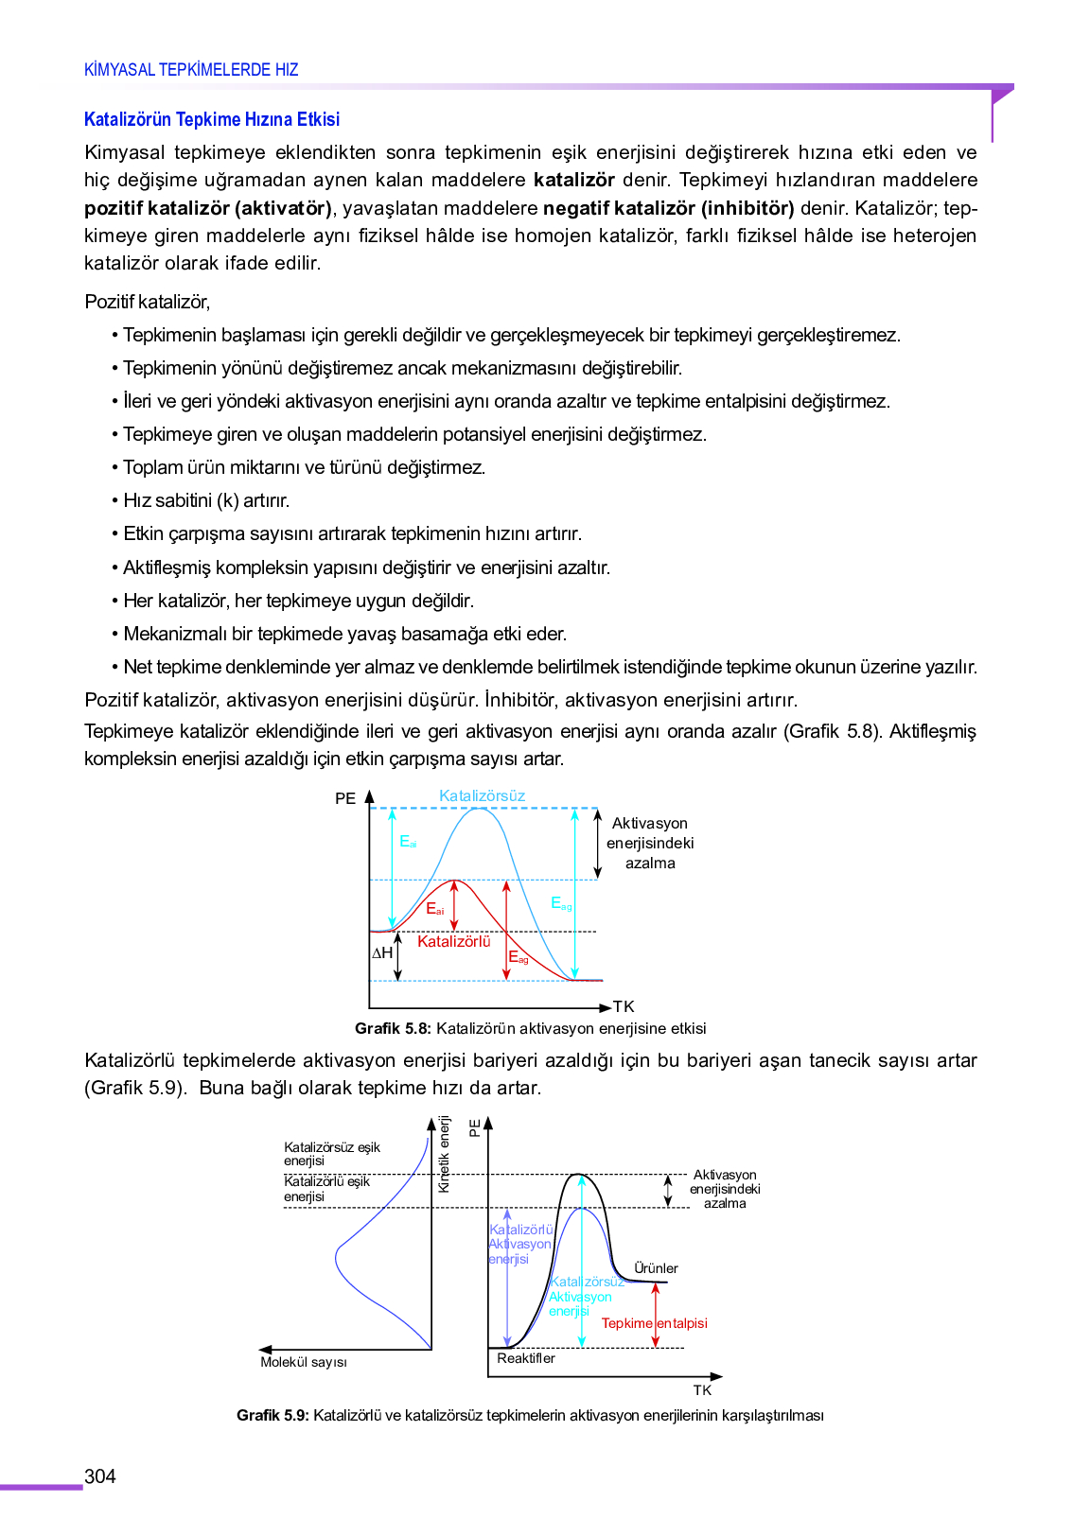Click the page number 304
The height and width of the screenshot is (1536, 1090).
click(99, 1476)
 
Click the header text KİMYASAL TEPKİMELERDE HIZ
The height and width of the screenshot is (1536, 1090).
click(191, 70)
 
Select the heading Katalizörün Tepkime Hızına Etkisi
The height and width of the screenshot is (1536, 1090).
click(211, 119)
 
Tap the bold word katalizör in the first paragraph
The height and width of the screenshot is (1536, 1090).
click(573, 180)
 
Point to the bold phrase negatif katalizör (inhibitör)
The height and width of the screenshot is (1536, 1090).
click(668, 208)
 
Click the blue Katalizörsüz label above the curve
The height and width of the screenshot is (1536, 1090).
click(482, 796)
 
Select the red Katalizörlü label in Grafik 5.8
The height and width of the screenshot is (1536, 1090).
click(453, 941)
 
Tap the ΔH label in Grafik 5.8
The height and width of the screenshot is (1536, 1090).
click(381, 953)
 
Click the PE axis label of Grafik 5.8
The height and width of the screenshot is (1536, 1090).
click(344, 799)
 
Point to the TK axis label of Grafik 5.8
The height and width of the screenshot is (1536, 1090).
click(624, 1006)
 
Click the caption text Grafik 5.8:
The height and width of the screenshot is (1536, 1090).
click(393, 1028)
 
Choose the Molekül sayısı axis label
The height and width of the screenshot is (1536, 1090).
click(304, 1362)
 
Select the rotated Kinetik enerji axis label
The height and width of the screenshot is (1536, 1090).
click(444, 1154)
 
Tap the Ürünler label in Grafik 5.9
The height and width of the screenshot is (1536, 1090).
click(656, 1268)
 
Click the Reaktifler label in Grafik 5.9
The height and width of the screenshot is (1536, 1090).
click(526, 1358)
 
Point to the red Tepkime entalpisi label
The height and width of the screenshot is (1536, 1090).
click(654, 1323)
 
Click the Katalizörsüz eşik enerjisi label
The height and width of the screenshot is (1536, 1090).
click(331, 1154)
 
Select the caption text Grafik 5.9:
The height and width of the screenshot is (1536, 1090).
click(272, 1416)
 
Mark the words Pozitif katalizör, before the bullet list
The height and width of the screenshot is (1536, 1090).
click(147, 302)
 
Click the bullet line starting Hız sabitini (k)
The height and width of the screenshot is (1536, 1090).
click(206, 500)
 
